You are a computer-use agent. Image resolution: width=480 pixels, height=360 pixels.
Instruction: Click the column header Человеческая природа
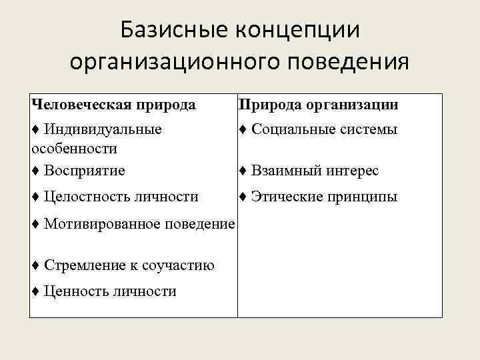coord(113,105)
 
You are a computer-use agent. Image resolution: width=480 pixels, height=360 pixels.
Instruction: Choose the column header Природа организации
coord(319,105)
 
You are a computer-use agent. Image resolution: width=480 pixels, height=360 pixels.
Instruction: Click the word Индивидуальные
coord(103,129)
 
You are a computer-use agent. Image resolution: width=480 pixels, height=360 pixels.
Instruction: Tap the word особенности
coord(75,147)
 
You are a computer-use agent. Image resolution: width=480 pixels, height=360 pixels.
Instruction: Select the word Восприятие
coord(84,171)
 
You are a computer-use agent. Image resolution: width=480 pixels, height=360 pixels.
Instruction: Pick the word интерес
coord(351,171)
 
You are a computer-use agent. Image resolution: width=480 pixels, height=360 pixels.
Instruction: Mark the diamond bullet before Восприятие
coord(35,171)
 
